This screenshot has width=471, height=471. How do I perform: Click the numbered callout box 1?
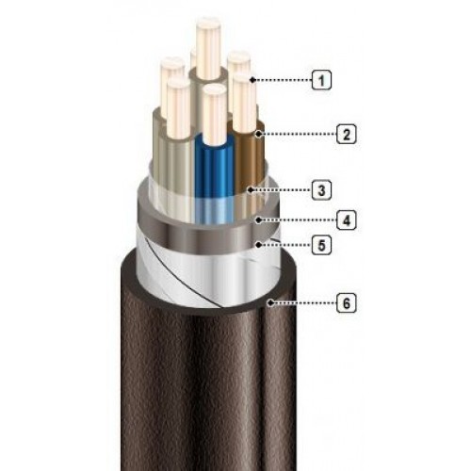pos(321,80)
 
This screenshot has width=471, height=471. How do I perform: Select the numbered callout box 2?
pos(347,134)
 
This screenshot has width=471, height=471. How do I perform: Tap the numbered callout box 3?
pos(321,190)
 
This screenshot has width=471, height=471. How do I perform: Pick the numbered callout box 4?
pos(347,219)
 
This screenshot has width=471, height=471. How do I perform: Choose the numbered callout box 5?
pos(321,245)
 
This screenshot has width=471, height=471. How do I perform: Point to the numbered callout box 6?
pos(347,303)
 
